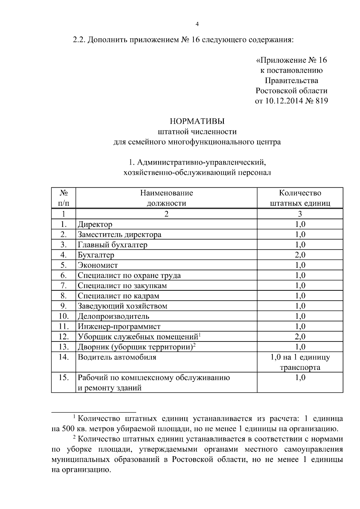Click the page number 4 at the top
pyautogui.click(x=197, y=24)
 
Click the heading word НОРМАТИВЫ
pyautogui.click(x=197, y=121)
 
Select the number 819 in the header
pyautogui.click(x=322, y=101)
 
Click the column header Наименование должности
pyautogui.click(x=166, y=198)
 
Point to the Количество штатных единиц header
pyautogui.click(x=300, y=198)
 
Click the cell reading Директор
pyautogui.click(x=95, y=224)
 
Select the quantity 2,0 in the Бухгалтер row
pyautogui.click(x=300, y=255)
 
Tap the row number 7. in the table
pyautogui.click(x=63, y=286)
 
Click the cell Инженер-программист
pyautogui.click(x=119, y=326)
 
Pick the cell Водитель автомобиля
pyautogui.click(x=117, y=357)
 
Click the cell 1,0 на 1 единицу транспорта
pyautogui.click(x=300, y=362)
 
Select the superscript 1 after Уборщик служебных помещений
pyautogui.click(x=199, y=335)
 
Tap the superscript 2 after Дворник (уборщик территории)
pyautogui.click(x=194, y=345)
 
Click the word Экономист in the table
pyautogui.click(x=98, y=265)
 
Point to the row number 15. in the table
pyautogui.click(x=63, y=377)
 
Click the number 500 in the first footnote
pyautogui.click(x=66, y=429)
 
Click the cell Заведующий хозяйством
pyautogui.click(x=122, y=306)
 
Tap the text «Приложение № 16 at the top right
pyautogui.click(x=291, y=60)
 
